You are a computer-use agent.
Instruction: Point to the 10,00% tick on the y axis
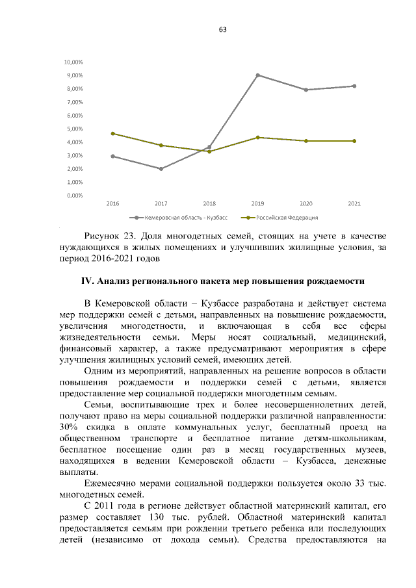coord(73,62)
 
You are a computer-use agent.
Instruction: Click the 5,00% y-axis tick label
coord(74,129)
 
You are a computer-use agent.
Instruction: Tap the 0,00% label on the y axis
coord(74,195)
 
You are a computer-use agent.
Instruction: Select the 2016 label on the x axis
coord(113,204)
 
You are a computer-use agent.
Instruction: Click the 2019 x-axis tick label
coord(257,204)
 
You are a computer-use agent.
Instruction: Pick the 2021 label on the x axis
coord(354,204)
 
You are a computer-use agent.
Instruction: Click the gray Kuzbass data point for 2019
coord(258,75)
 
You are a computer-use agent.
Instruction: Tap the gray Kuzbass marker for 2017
coord(161,169)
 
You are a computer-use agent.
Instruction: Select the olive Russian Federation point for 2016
coord(113,133)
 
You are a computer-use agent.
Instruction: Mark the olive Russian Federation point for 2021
coord(354,141)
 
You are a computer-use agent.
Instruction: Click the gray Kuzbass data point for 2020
coord(306,90)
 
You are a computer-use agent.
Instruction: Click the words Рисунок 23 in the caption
coord(108,235)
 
